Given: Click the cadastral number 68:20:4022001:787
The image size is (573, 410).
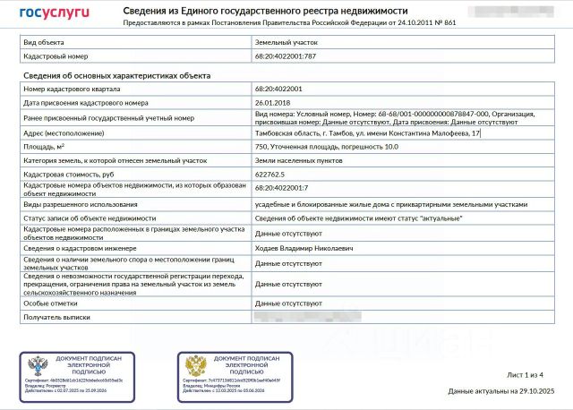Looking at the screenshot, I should [286, 56].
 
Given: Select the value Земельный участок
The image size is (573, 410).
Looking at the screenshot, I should [286, 42].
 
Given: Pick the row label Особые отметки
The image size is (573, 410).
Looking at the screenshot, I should [50, 303].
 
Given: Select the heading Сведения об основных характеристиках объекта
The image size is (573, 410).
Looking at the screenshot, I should [115, 76].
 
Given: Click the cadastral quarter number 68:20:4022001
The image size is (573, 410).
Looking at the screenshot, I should [278, 90].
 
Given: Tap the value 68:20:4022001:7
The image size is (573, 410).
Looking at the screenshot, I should [281, 188].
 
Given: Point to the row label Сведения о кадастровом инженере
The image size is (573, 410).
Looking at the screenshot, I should [79, 247].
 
